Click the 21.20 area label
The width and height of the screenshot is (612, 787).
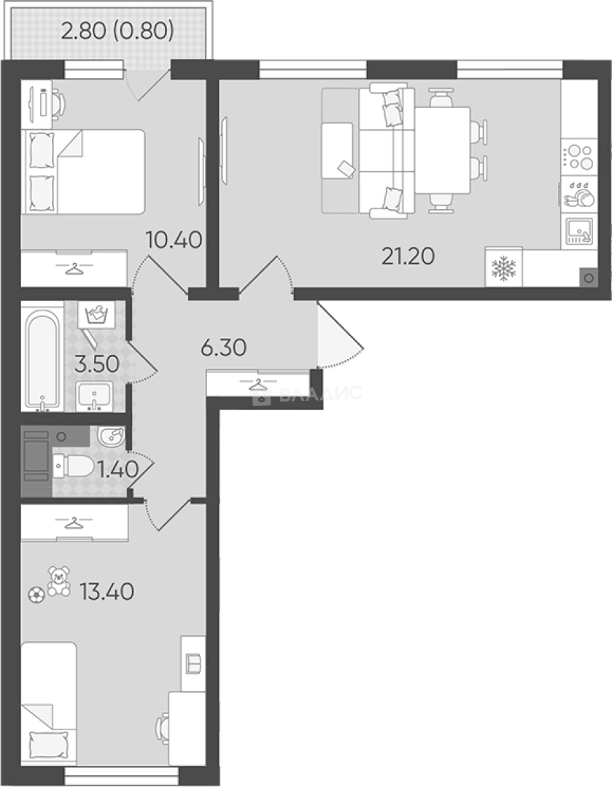point(408,257)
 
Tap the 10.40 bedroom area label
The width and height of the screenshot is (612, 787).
point(174,240)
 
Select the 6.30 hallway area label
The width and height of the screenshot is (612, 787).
point(224,348)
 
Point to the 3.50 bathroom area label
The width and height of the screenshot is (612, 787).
point(97,364)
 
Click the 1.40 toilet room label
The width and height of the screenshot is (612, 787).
point(118,470)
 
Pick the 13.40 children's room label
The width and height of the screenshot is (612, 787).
point(106,592)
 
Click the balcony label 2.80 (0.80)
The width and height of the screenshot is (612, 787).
point(117,31)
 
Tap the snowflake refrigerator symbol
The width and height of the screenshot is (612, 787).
point(503,268)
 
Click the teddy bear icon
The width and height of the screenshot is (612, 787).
point(59,582)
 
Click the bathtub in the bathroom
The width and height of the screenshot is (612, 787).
point(43,360)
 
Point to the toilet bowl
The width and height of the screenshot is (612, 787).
point(73,466)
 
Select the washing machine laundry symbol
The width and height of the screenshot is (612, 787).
point(96,316)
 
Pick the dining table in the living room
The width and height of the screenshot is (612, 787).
point(442,150)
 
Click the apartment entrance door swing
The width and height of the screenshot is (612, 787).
point(340,334)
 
